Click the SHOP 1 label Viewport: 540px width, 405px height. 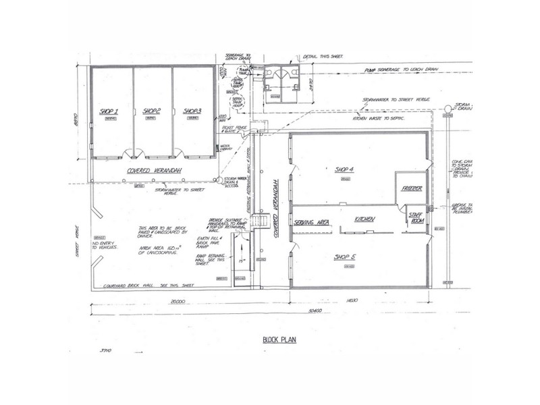(x=109, y=111)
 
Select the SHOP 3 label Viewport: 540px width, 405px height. (x=192, y=111)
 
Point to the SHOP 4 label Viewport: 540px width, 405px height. (x=345, y=169)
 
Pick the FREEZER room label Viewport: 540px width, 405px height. (x=412, y=190)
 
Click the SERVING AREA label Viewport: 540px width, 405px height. (x=311, y=221)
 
